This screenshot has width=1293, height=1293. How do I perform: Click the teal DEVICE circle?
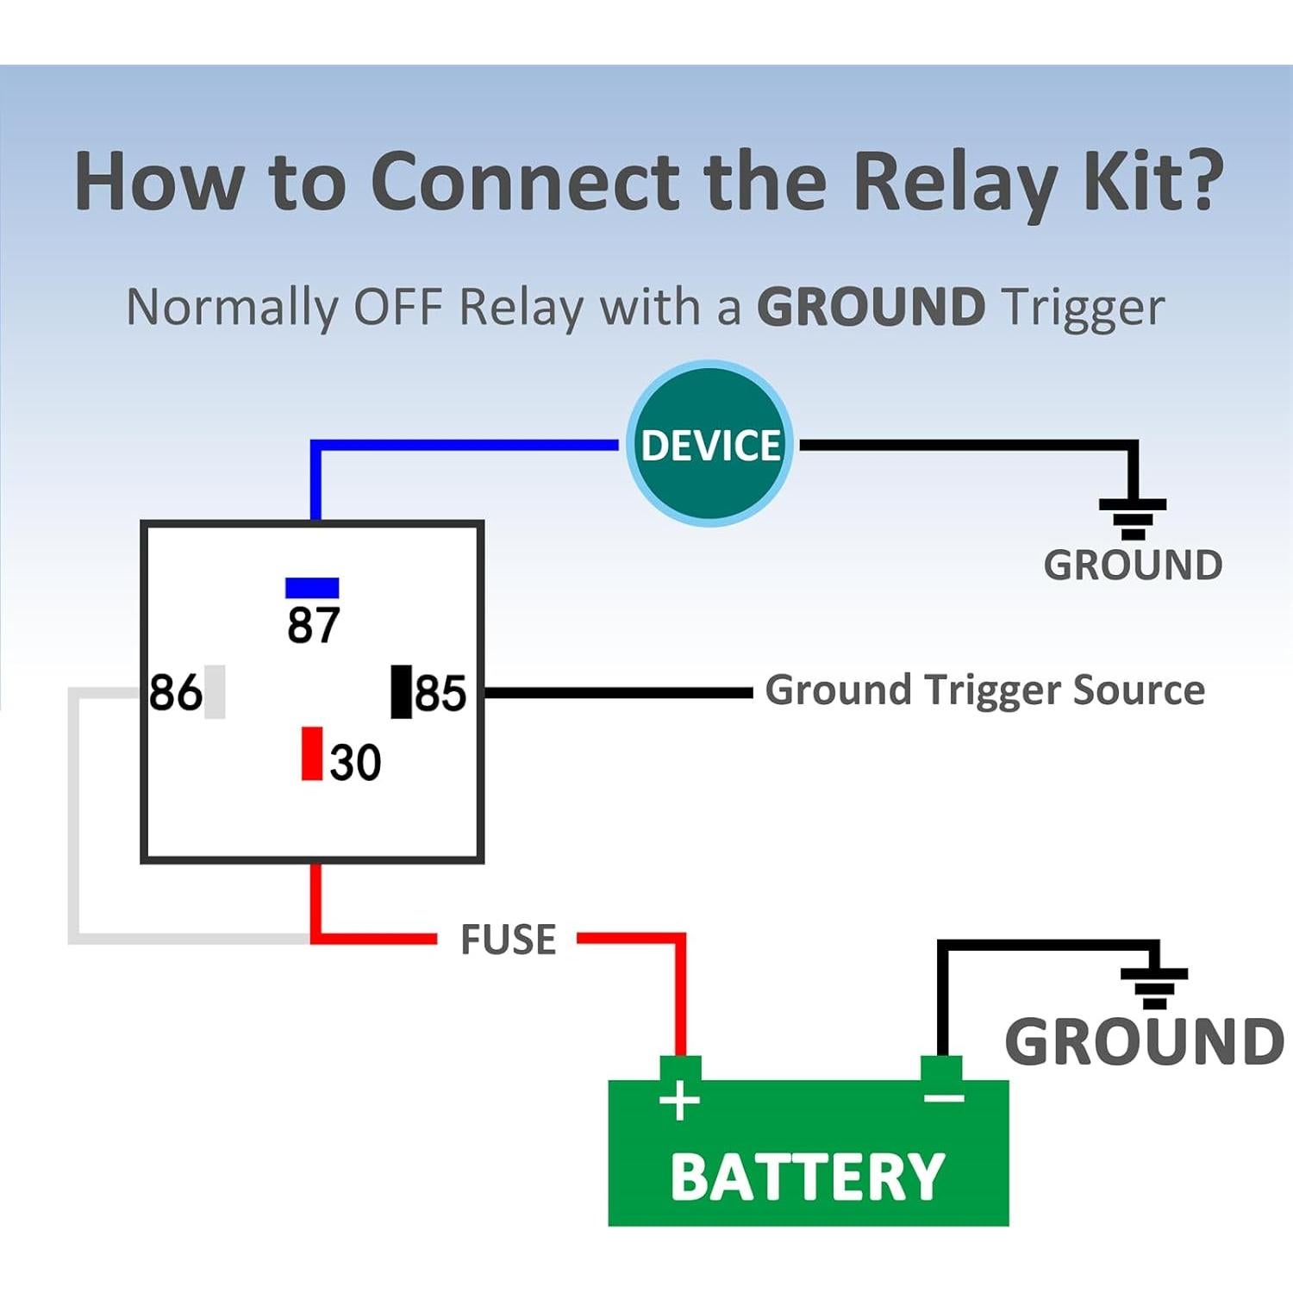pos(709,444)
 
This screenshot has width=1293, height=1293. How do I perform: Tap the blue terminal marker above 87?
pos(312,588)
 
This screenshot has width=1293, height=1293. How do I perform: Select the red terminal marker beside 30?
pos(312,753)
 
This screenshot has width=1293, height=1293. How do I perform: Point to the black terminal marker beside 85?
pos(402,691)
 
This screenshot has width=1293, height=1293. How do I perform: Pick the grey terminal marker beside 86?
pos(215,691)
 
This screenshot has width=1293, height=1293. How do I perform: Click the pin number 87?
pos(314,625)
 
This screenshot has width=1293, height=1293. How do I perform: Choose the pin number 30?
pos(355,762)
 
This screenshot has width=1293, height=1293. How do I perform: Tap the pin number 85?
pos(440,692)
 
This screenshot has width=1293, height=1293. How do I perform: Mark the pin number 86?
pos(176,692)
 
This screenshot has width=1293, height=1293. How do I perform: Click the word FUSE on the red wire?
pos(508,940)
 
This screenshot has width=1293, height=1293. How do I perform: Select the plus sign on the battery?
pos(679,1101)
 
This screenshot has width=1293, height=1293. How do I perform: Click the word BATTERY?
pos(808,1177)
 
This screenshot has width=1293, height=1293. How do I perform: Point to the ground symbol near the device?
pos(1133,517)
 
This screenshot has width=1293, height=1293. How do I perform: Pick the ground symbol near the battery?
pos(1154,987)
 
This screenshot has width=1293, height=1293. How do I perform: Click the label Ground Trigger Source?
pos(984,690)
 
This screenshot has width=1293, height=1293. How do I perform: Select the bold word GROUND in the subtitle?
pos(871,307)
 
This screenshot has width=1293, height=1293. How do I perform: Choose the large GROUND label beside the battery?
pos(1144,1041)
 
